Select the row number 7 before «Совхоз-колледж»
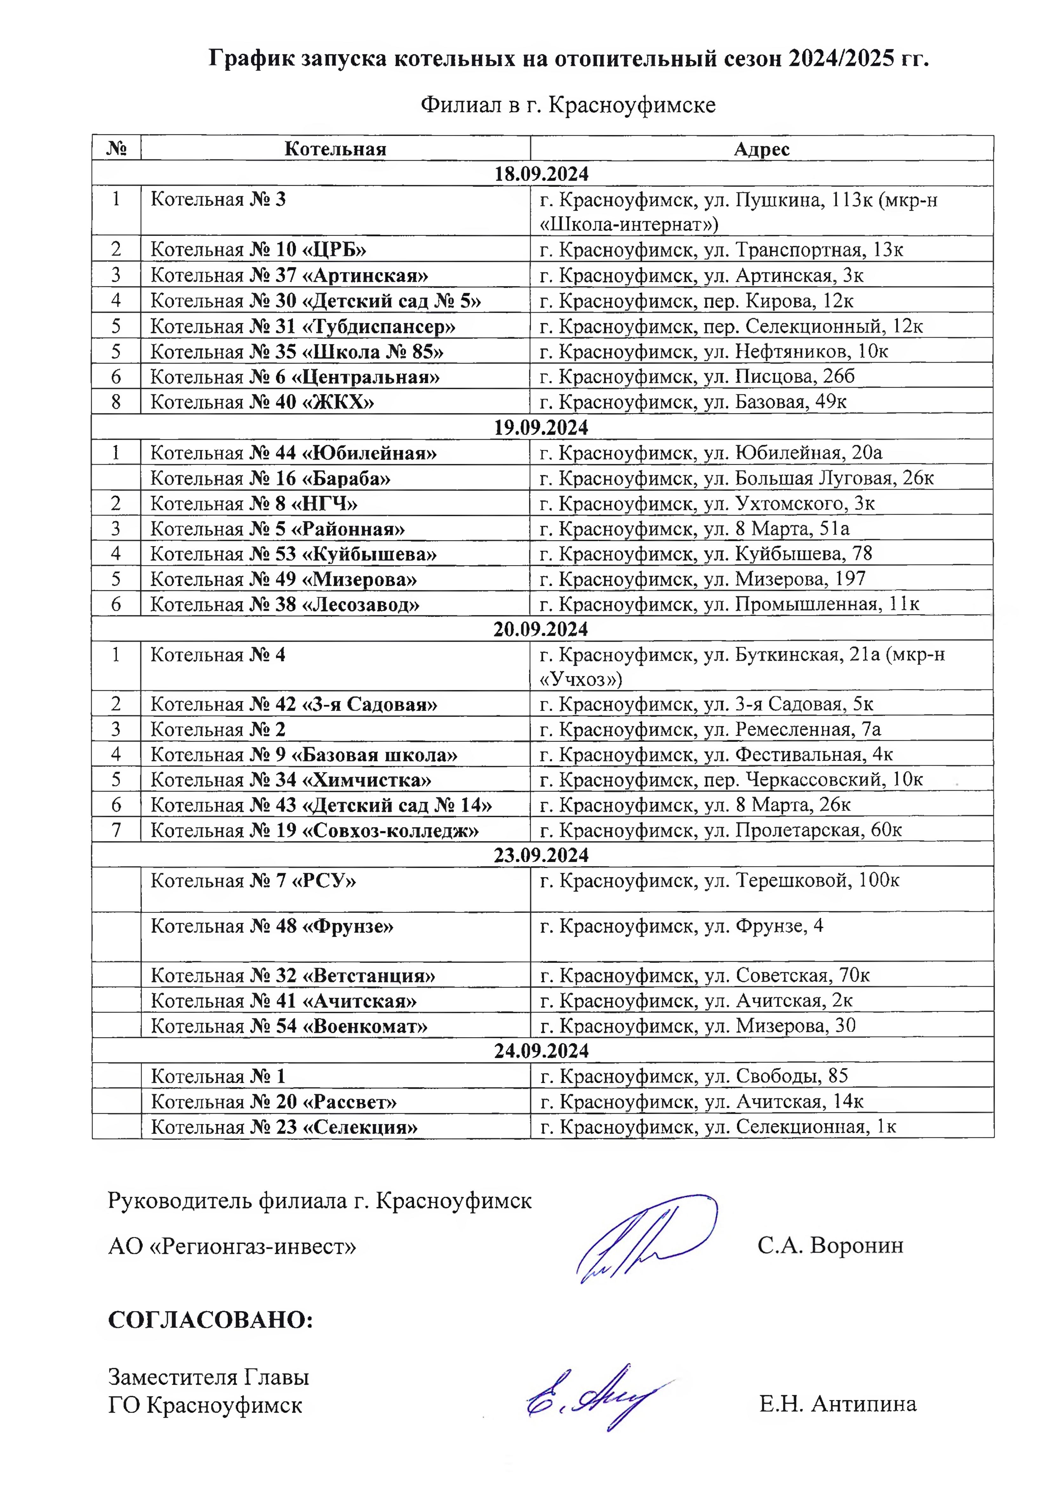(116, 830)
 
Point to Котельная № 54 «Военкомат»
(289, 1026)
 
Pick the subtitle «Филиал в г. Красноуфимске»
(568, 105)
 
